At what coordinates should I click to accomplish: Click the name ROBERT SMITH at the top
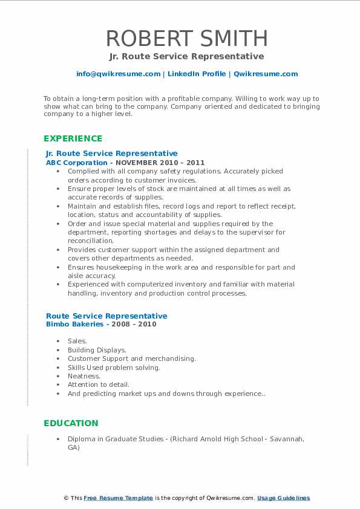[x=187, y=38]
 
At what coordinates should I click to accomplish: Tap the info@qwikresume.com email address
[x=119, y=74]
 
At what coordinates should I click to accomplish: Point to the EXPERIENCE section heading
[x=73, y=138]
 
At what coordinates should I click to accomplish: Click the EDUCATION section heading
[x=71, y=423]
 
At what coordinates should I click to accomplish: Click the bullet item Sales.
[x=77, y=341]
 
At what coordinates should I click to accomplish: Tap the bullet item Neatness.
[x=84, y=376]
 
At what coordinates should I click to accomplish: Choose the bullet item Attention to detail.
[x=99, y=384]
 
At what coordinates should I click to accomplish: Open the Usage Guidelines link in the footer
[x=283, y=498]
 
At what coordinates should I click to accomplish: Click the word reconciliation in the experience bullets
[x=90, y=241]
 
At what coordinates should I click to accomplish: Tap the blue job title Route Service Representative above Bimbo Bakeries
[x=106, y=316]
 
